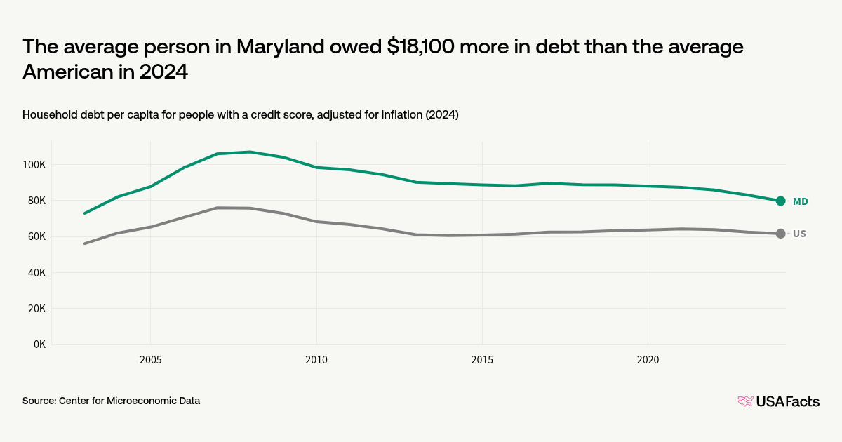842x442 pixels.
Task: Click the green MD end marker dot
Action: tap(781, 201)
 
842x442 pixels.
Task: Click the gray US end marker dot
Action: tap(781, 234)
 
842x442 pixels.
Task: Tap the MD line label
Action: tap(801, 201)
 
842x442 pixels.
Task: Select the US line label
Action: tap(799, 234)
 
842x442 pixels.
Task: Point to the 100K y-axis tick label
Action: tap(34, 165)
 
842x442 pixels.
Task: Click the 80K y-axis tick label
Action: tap(36, 201)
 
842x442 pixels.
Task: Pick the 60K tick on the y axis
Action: tap(36, 236)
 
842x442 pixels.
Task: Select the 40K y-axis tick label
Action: tap(36, 273)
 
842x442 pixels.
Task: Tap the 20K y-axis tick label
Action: tap(36, 309)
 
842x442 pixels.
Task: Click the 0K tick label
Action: tap(39, 344)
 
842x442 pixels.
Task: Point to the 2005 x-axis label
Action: tap(150, 360)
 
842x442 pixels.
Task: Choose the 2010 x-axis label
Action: tap(316, 360)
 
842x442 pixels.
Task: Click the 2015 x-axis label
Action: tap(482, 360)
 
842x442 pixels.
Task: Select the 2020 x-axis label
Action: tap(648, 360)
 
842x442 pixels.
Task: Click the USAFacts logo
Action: tap(778, 401)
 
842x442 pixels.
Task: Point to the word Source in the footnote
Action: tap(39, 401)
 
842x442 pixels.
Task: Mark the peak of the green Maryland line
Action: tap(250, 152)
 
